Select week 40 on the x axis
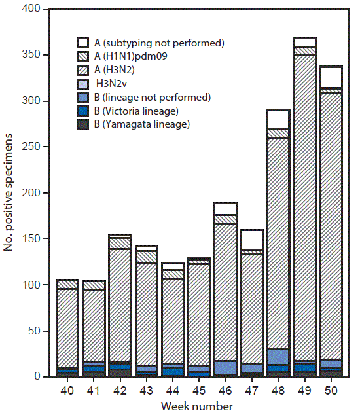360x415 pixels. [67, 391]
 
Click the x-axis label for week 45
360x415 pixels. [200, 391]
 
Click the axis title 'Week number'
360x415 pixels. [200, 406]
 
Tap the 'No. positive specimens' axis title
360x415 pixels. [10, 193]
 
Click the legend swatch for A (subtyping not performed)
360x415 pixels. [83, 43]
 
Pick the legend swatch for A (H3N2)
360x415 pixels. [83, 71]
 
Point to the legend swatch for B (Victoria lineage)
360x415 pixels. [83, 111]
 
